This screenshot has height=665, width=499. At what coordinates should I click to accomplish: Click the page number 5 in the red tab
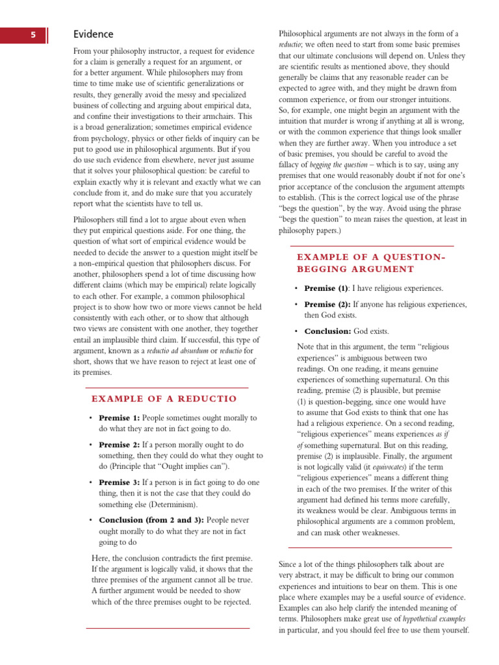(x=32, y=35)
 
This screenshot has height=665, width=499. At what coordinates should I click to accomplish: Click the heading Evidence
(x=93, y=34)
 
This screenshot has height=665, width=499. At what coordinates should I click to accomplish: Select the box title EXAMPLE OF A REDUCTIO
(x=164, y=398)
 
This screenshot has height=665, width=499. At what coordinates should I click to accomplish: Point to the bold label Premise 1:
(x=119, y=418)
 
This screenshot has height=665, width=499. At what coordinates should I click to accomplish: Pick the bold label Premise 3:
(x=119, y=483)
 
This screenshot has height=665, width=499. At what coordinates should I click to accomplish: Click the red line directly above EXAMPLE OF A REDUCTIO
(x=167, y=388)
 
